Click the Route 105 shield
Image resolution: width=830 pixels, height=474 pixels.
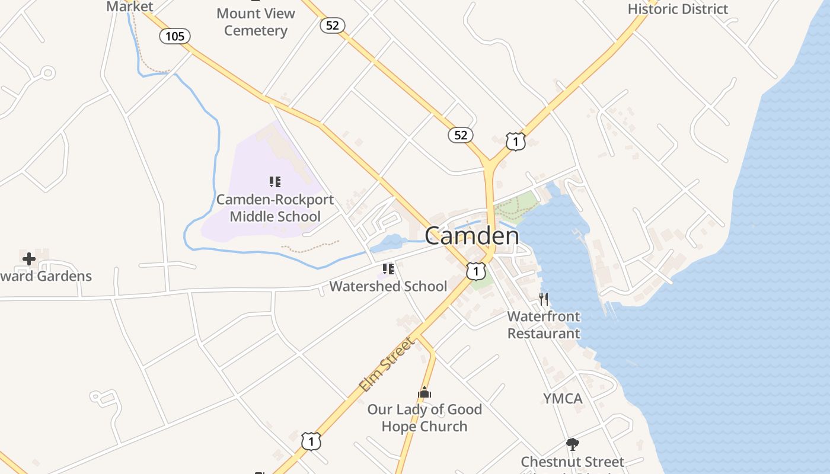pos(175,36)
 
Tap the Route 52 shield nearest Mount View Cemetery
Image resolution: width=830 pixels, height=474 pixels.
pos(333,25)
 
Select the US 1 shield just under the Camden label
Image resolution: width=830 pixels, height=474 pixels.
pos(475,271)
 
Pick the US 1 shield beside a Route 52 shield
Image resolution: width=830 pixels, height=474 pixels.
pos(516,142)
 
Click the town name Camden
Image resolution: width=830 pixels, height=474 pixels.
pos(472,236)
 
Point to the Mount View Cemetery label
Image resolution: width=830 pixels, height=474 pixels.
pos(256,22)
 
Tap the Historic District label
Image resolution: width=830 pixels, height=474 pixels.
pos(678,9)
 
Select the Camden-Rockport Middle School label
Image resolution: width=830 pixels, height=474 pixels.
pos(275,208)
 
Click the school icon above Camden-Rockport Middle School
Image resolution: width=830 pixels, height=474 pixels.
pos(274,181)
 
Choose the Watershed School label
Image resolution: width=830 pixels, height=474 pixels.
pos(388,286)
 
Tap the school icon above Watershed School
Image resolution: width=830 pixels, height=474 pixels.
pos(388,269)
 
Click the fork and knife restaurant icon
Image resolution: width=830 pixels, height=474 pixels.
pos(543,299)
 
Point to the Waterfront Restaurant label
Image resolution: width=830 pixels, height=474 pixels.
pos(544,325)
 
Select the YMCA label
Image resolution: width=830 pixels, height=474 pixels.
pos(563,398)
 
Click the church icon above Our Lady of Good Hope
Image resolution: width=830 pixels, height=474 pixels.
pos(424,392)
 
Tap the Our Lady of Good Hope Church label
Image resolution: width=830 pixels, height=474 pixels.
pos(424,418)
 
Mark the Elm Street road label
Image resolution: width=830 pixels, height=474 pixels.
pos(387,364)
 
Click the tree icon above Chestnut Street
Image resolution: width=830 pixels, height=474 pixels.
pos(572,444)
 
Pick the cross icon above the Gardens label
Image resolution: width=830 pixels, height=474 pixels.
pos(28,258)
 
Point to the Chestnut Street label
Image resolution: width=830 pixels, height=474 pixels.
pos(572,462)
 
